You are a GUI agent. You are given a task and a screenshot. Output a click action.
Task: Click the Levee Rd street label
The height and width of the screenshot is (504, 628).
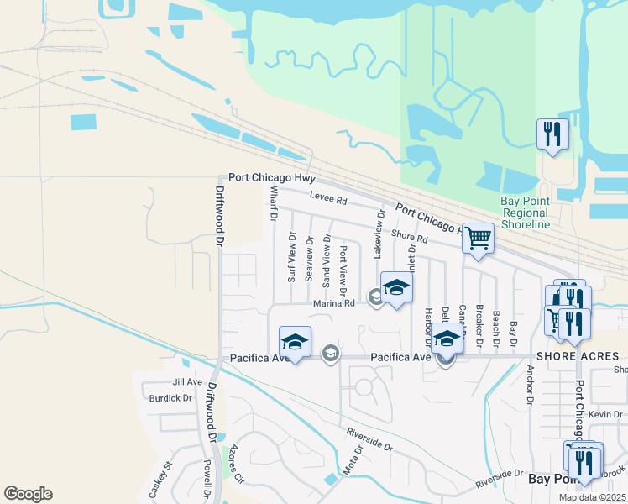[x=327, y=200]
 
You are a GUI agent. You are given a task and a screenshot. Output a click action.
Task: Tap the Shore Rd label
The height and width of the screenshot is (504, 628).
[x=410, y=239]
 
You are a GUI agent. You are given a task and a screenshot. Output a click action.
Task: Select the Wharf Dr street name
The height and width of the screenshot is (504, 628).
[x=273, y=204]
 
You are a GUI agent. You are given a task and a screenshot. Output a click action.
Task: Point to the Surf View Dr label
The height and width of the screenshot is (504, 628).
[x=292, y=257]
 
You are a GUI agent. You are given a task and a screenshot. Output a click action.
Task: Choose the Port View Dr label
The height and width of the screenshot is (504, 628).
[x=344, y=265]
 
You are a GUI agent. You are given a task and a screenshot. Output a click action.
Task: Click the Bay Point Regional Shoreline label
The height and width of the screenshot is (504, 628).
[x=525, y=213]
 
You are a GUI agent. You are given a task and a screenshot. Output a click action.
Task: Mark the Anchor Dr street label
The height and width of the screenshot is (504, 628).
[x=530, y=385]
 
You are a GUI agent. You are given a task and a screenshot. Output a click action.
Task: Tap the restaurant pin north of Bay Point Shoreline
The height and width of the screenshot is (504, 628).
[x=552, y=134]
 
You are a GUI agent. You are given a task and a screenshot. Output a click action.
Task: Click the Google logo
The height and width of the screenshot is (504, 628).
[x=28, y=494]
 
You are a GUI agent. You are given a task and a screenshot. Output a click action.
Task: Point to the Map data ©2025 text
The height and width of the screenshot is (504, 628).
[x=593, y=497]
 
